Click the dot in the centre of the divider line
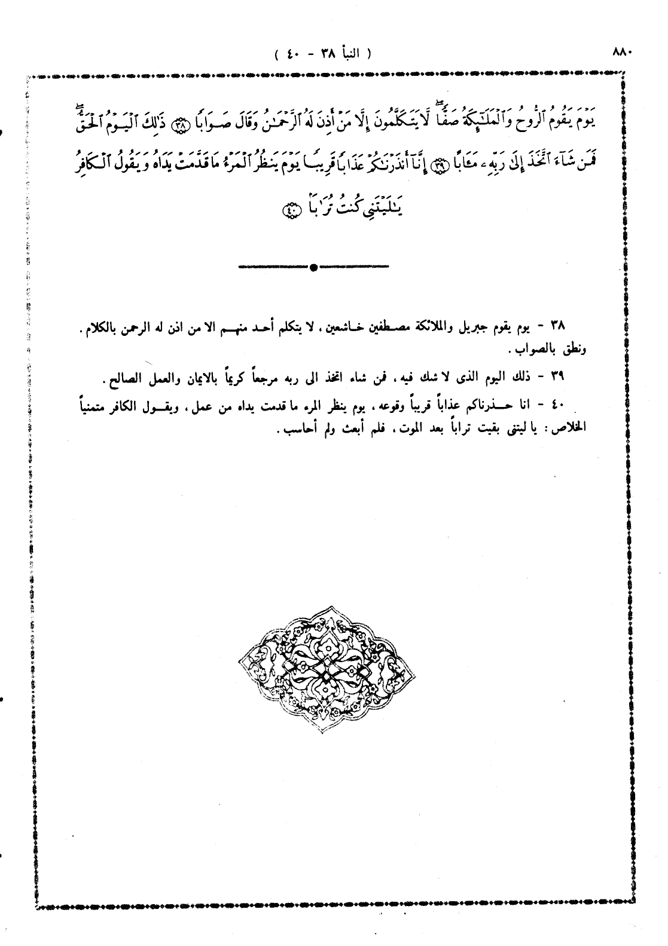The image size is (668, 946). pos(313,267)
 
